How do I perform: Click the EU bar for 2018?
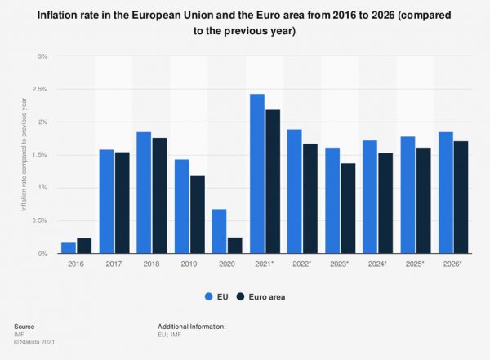point(143,193)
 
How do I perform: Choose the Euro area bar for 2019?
point(196,214)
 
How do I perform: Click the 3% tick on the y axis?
point(43,56)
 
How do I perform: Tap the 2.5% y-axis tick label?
point(39,89)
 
